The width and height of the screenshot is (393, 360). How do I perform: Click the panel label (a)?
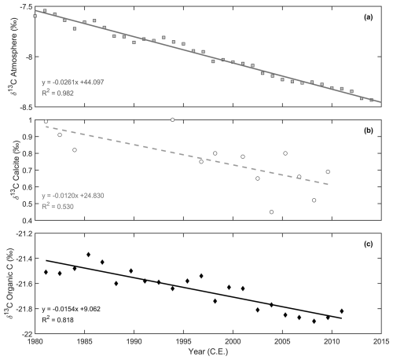[368, 17]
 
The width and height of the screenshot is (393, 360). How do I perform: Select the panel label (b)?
[368, 130]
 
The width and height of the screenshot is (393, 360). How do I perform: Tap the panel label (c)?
[368, 244]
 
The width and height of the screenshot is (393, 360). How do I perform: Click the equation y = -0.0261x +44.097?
[73, 83]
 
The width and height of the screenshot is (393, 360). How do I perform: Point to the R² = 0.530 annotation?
[57, 206]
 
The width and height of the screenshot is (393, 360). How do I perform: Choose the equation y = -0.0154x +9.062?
[71, 309]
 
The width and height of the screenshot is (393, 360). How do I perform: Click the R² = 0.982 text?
[57, 93]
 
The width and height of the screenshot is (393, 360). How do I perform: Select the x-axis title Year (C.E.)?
[208, 351]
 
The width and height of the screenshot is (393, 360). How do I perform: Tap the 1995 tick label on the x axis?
[183, 342]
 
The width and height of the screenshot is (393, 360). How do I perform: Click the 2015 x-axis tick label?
[381, 342]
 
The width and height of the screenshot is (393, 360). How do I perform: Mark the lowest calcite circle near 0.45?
[271, 211]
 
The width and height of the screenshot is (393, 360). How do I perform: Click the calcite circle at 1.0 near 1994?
[172, 119]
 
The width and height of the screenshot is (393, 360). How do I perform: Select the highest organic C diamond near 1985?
[88, 255]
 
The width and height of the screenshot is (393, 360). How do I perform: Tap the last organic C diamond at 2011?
[342, 311]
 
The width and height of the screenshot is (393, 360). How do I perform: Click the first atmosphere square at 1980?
[35, 16]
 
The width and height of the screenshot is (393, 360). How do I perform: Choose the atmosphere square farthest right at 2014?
[371, 100]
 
